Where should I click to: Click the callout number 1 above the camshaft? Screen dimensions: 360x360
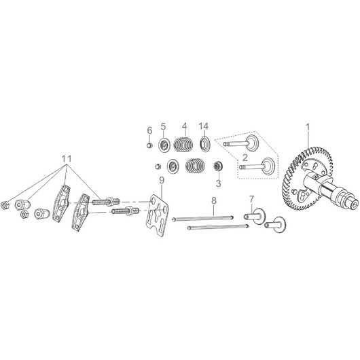click(x=308, y=127)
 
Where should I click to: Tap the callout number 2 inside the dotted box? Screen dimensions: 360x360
click(x=245, y=158)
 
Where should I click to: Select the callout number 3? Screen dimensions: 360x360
click(x=218, y=183)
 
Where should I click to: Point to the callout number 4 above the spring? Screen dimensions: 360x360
click(x=185, y=126)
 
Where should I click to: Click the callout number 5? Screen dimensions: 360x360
click(x=163, y=126)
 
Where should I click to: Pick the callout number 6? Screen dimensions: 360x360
click(x=149, y=130)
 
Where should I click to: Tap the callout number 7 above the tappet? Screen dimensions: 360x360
click(x=252, y=199)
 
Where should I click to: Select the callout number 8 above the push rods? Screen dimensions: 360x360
click(x=214, y=200)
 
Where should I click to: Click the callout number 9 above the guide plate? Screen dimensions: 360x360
click(x=162, y=181)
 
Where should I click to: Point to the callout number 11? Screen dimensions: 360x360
click(x=67, y=159)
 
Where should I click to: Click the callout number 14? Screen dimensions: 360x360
click(x=204, y=126)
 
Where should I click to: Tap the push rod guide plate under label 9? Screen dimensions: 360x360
click(x=157, y=215)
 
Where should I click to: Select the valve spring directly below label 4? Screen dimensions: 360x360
click(x=183, y=145)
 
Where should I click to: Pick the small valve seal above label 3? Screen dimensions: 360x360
click(x=217, y=166)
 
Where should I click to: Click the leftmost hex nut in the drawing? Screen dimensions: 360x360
click(x=5, y=205)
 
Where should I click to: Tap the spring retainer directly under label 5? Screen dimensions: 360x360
click(x=164, y=145)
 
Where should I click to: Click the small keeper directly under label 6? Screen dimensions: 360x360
click(x=149, y=145)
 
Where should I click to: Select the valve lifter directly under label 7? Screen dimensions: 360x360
click(x=255, y=216)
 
